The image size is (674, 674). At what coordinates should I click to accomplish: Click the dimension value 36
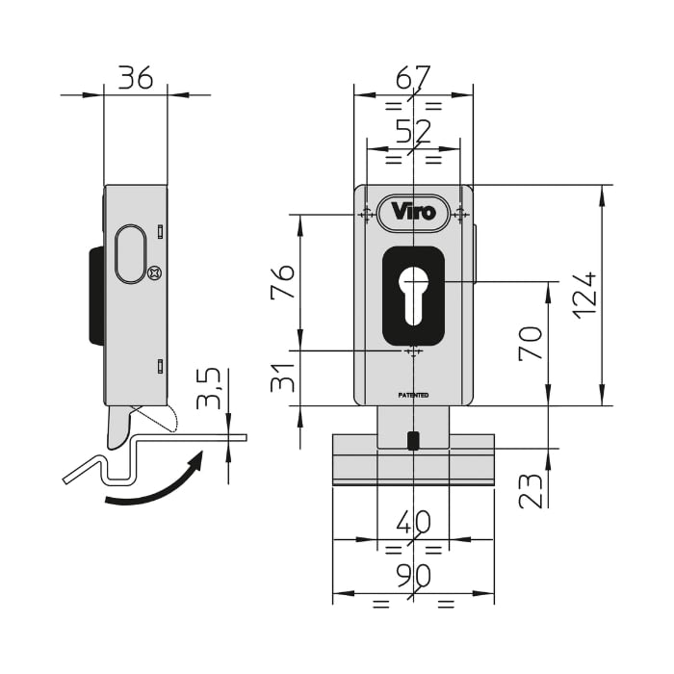[135, 77]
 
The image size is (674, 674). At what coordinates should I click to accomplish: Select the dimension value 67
[412, 77]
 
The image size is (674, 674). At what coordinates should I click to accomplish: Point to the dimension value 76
[283, 281]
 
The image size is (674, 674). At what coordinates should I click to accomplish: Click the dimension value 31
[283, 378]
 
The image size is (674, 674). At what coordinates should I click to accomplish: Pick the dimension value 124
[584, 295]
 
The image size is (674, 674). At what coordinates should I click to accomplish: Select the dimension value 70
[531, 344]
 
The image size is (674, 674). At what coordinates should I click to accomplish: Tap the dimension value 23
[531, 489]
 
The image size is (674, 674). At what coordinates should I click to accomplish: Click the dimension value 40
[413, 522]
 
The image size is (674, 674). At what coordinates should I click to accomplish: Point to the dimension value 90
[413, 576]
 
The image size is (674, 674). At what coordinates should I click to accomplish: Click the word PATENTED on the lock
[413, 395]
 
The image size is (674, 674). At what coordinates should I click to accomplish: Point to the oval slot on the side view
[130, 254]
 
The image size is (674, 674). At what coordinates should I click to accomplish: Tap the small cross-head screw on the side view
[155, 273]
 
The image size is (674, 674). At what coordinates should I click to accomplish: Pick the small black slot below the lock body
[413, 441]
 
